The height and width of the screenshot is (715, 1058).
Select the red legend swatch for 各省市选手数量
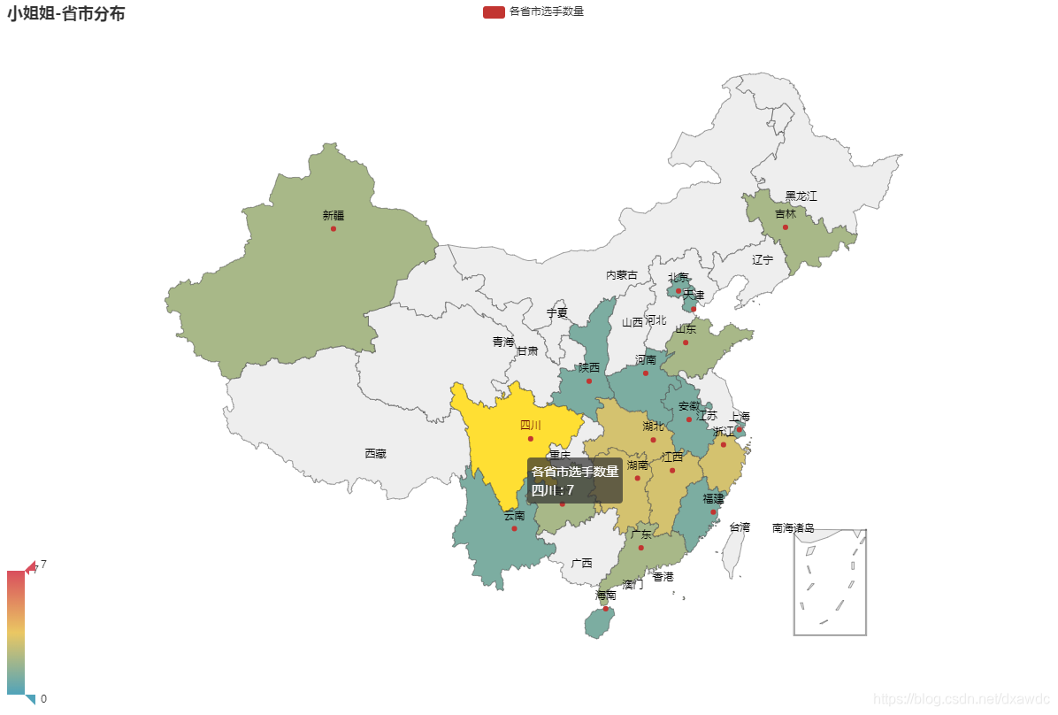click(494, 12)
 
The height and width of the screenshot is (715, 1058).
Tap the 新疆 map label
click(333, 215)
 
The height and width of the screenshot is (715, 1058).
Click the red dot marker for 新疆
click(333, 229)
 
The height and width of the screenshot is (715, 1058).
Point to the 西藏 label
click(375, 454)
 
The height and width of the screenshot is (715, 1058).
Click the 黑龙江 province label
click(801, 196)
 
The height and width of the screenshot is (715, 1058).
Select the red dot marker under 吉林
click(785, 227)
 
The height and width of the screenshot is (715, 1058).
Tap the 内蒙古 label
click(621, 275)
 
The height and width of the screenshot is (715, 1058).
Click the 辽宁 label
click(762, 260)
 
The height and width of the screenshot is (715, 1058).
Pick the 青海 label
click(503, 342)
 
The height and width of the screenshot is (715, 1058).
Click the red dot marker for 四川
click(531, 439)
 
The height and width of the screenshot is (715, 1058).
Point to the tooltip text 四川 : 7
click(553, 490)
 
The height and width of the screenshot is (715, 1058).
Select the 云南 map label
click(514, 516)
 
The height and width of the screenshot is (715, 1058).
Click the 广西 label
click(581, 563)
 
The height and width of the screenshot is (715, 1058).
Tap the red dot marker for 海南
click(606, 609)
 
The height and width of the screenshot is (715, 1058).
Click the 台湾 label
click(740, 527)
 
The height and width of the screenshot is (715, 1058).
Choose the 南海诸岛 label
click(793, 528)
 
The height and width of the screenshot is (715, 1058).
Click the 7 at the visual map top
click(43, 565)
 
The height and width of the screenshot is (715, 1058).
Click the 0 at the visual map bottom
click(43, 699)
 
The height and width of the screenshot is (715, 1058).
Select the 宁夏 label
click(556, 313)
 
